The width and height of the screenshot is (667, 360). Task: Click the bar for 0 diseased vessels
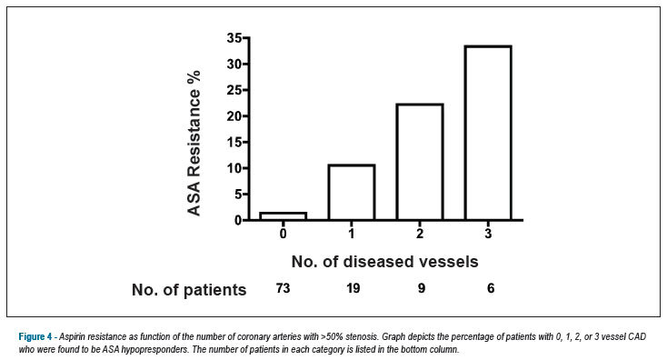pyautogui.click(x=284, y=216)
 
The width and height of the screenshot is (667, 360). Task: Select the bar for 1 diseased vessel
pyautogui.click(x=352, y=193)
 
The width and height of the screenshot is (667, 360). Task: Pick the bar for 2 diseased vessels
pyautogui.click(x=420, y=162)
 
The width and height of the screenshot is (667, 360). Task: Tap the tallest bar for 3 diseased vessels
pyautogui.click(x=488, y=133)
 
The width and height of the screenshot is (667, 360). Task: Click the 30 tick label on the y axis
pyautogui.click(x=234, y=65)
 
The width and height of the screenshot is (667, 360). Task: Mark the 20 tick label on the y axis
pyautogui.click(x=234, y=116)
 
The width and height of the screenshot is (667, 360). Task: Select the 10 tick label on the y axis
pyautogui.click(x=234, y=168)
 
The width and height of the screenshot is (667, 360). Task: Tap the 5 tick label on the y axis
pyautogui.click(x=238, y=195)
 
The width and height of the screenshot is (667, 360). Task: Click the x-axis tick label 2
pyautogui.click(x=420, y=234)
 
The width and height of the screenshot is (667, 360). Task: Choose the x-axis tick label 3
pyautogui.click(x=488, y=234)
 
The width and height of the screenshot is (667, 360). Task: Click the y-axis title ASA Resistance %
pyautogui.click(x=194, y=144)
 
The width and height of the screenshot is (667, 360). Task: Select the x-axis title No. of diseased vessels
pyautogui.click(x=385, y=261)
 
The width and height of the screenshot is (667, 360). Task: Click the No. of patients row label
pyautogui.click(x=189, y=290)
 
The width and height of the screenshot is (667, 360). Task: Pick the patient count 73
pyautogui.click(x=283, y=288)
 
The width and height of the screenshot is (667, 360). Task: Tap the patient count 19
pyautogui.click(x=353, y=288)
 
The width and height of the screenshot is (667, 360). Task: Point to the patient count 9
pyautogui.click(x=421, y=288)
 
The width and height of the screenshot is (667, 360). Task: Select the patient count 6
pyautogui.click(x=491, y=288)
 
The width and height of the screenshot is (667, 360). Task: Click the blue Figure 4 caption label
pyautogui.click(x=35, y=337)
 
